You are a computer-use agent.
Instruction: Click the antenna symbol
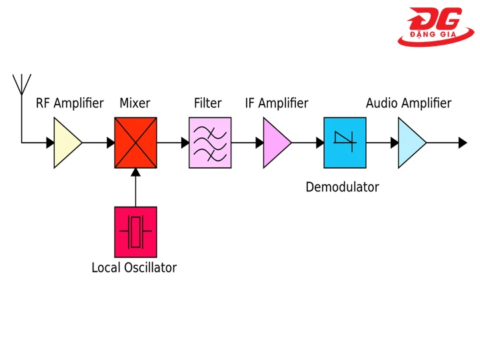[x=21, y=84]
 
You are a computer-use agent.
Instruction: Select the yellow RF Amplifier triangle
[x=65, y=143]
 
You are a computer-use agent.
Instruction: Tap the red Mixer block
[x=135, y=143]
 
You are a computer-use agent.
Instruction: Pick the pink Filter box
[x=210, y=143]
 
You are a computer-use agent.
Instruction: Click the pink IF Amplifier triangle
[x=275, y=143]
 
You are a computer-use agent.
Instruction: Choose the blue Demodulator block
[x=345, y=143]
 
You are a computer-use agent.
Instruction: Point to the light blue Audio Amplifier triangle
[x=410, y=143]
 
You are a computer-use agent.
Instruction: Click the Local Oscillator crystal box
[x=135, y=232]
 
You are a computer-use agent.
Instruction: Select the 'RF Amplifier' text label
[x=69, y=103]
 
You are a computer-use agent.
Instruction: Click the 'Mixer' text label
[x=135, y=103]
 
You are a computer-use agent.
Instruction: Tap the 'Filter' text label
[x=207, y=103]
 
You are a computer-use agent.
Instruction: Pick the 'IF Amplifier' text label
[x=277, y=103]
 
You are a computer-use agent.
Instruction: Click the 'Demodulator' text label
[x=342, y=187]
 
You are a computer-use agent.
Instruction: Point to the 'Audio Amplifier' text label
[x=408, y=103]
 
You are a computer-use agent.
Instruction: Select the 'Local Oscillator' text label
[x=134, y=268]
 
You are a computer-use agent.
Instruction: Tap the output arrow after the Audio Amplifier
[x=448, y=143]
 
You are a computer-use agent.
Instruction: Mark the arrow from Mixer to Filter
[x=173, y=143]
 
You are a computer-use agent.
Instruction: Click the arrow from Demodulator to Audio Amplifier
[x=382, y=143]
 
